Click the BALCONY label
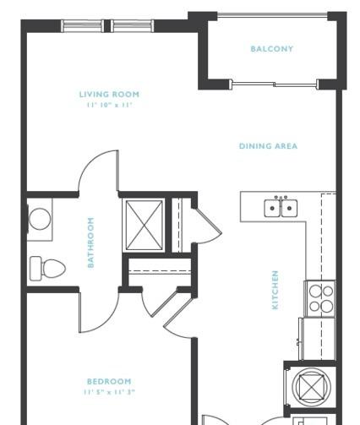click(272, 49)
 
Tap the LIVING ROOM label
click(109, 94)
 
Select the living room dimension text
click(109, 105)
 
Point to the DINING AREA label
click(268, 146)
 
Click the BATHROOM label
click(90, 242)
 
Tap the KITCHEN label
click(275, 290)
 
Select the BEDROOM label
click(109, 381)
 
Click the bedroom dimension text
click(109, 392)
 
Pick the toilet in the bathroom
click(47, 268)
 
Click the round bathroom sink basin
click(40, 219)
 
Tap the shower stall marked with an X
click(144, 225)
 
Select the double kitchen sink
click(281, 208)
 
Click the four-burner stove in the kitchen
click(320, 298)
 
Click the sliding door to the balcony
click(274, 84)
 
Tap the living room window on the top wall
click(107, 25)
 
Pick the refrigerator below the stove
click(317, 339)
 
